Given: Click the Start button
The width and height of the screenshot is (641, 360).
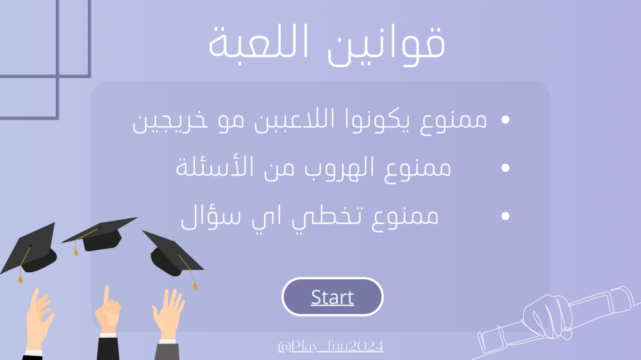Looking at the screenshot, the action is coord(332,297).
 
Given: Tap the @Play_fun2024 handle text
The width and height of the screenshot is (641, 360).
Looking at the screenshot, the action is coord(331,346).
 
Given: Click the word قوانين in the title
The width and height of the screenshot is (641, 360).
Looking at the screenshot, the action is coord(387,43).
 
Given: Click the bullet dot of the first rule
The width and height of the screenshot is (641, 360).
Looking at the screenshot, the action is coord(505,119).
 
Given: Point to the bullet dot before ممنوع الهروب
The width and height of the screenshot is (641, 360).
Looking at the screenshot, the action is coord(505,168).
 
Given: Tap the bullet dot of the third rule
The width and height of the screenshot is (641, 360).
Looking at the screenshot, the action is coord(505,216).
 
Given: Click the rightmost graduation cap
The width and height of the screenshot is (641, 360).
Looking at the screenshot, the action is coord(172,256).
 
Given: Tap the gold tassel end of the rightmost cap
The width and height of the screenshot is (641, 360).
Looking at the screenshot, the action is coord(196,287).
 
